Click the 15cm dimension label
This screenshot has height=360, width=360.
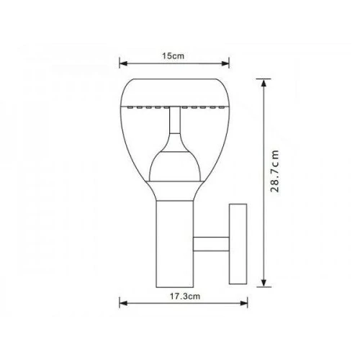[x=174, y=55]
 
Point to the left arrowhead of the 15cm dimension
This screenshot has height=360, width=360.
[x=121, y=63]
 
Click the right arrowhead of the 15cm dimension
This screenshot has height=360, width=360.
[x=227, y=63]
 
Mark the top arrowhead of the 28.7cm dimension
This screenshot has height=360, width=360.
[x=266, y=76]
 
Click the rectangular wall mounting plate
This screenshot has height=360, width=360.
[x=237, y=243]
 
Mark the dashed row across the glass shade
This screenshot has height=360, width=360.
[x=174, y=107]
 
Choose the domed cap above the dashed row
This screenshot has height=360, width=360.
[x=174, y=90]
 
